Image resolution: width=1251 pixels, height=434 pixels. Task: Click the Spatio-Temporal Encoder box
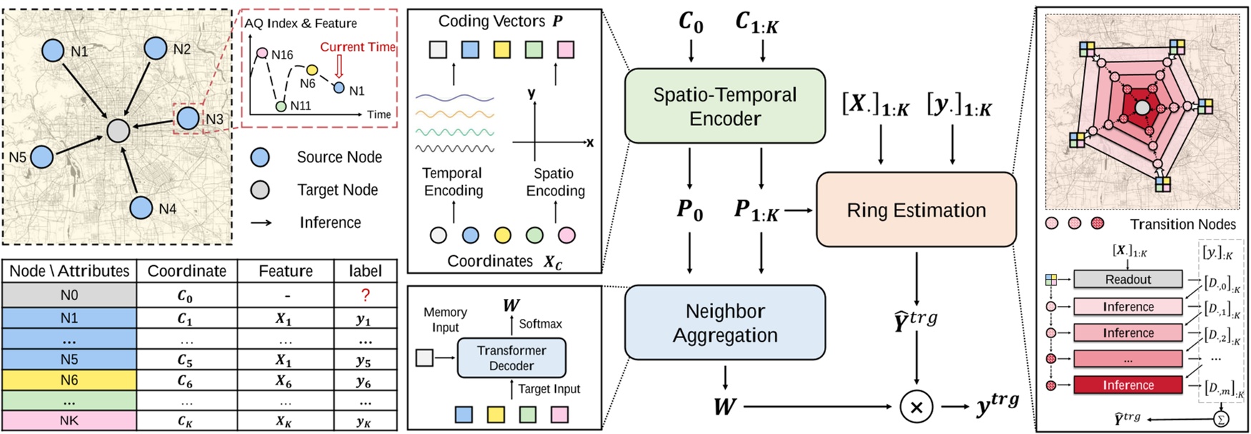725,107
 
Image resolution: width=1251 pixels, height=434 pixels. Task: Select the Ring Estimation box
916,210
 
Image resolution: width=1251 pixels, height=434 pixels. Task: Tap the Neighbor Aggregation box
725,322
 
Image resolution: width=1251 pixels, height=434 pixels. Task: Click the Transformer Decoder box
511,358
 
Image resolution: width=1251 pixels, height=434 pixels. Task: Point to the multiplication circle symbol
916,407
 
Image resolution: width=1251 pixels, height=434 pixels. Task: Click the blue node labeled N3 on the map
188,119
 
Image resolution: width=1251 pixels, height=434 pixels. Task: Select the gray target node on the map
118,130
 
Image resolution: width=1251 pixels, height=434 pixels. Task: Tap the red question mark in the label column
366,295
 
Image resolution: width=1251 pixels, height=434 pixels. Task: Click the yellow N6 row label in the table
69,380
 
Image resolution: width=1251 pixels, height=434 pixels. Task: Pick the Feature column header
285,271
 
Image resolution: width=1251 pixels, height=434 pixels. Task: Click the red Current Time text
357,47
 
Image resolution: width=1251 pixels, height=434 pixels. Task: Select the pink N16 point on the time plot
262,53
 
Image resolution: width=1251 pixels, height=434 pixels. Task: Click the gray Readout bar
1127,280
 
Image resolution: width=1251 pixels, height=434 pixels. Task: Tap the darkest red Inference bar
1127,385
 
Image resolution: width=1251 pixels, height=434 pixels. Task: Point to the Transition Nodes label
1182,225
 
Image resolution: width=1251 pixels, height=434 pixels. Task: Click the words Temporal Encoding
453,182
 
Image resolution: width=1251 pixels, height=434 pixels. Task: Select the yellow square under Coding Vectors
502,49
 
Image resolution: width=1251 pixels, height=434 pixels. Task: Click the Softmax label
540,324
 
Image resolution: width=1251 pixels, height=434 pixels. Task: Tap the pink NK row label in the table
69,421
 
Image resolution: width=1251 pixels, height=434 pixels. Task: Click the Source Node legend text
339,157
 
